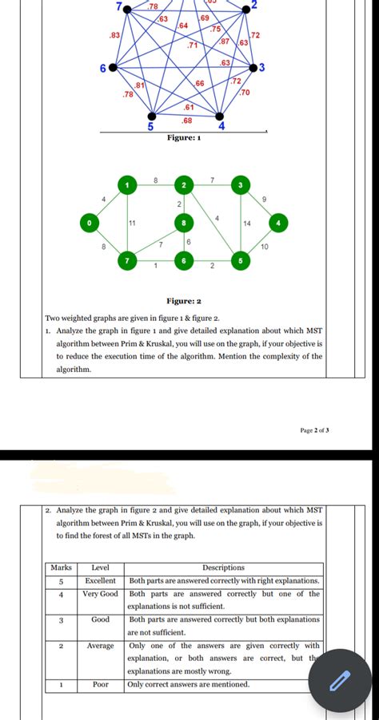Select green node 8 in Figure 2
184,223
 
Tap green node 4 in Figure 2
278,222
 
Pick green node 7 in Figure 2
126,260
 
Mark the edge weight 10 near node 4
264,248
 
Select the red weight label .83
114,36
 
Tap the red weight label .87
225,41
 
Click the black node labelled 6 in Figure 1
113,69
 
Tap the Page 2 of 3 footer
314,429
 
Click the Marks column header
62,568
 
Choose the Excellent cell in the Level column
101,580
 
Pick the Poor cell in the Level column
101,684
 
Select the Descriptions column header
224,568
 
